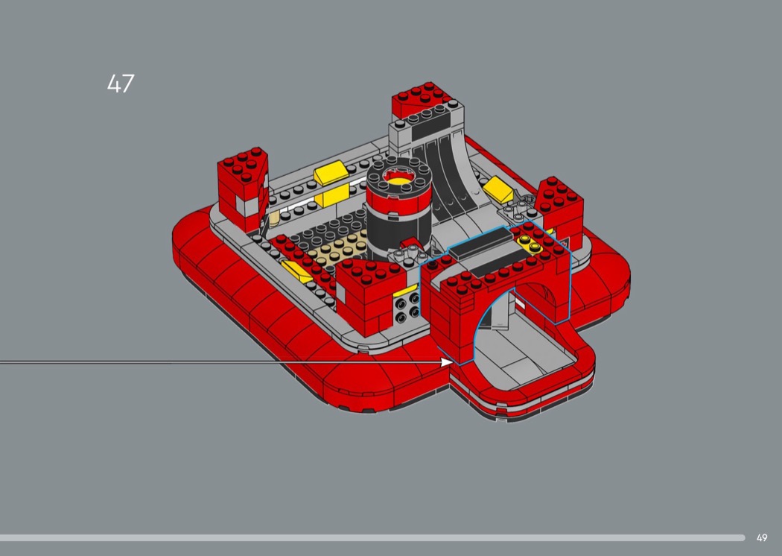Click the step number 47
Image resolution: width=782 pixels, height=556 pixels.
click(x=121, y=84)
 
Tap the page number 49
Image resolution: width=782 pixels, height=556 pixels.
click(x=762, y=538)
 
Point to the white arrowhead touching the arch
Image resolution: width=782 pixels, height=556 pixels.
click(x=447, y=362)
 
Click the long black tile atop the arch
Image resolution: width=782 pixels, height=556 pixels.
click(x=481, y=242)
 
